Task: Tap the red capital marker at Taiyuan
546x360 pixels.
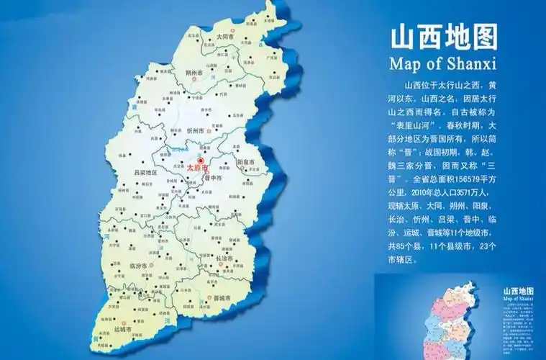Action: click(201, 161)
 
